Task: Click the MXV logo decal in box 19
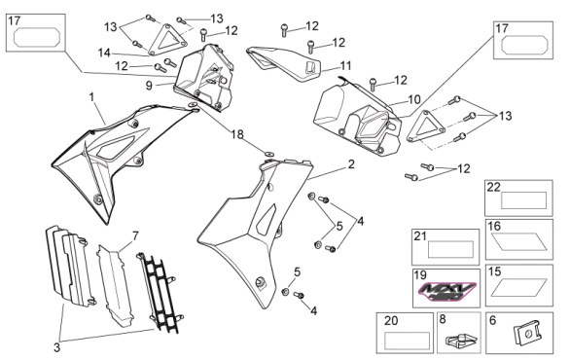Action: pos(446,291)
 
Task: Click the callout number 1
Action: pos(91,97)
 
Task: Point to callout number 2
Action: pos(351,164)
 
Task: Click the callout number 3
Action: pos(56,347)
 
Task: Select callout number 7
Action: pos(135,236)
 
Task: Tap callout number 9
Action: pos(149,86)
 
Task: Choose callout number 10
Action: pos(414,99)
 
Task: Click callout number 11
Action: pos(345,66)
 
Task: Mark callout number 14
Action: pos(104,54)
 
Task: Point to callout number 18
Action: pos(237,134)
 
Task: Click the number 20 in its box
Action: pos(391,321)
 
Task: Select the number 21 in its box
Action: pos(420,236)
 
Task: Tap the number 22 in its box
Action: pos(494,187)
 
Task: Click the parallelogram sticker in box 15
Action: pos(518,287)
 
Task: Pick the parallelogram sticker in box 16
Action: pos(518,242)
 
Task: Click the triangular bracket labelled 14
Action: pos(167,40)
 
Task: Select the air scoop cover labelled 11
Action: pos(284,63)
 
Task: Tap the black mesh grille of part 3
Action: pos(158,293)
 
